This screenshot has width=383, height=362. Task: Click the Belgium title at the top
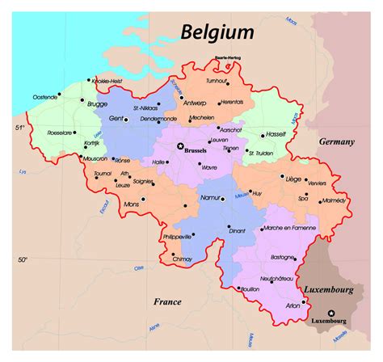coord(217,32)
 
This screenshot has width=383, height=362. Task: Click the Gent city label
coord(116,117)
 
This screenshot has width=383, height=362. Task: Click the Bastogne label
coord(283,257)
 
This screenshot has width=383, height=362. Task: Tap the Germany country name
coord(336,141)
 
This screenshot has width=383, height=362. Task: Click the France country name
coord(167,301)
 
